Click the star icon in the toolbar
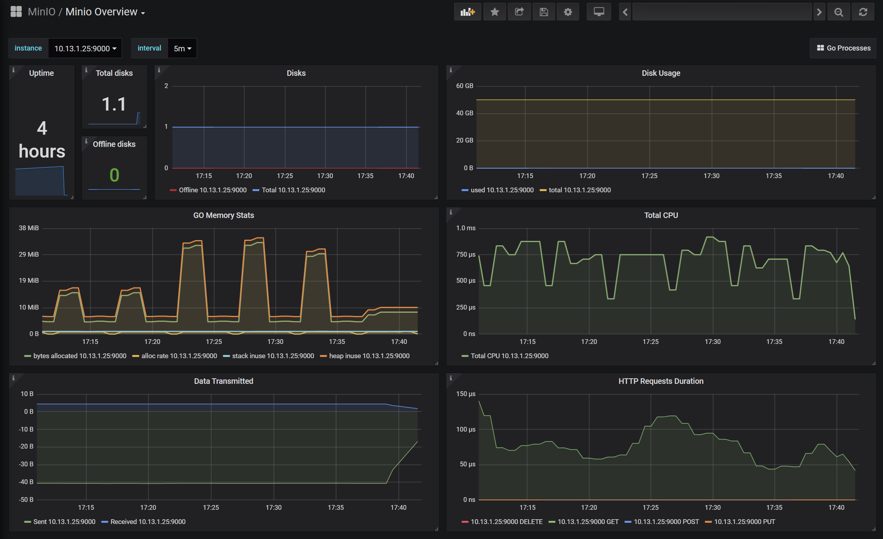pos(495,12)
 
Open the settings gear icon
pos(568,12)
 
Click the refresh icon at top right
pos(863,12)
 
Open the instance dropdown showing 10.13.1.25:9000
pos(85,48)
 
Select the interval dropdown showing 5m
pos(182,48)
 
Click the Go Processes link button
pos(844,48)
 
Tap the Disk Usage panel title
pos(661,73)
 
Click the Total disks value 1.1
pos(114,104)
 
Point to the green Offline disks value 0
pos(114,175)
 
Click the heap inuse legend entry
pos(365,356)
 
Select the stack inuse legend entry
pos(269,356)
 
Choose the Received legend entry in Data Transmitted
pos(144,522)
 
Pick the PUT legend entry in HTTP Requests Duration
pos(740,522)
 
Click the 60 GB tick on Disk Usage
pos(464,86)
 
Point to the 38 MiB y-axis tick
pos(29,228)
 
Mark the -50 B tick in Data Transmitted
pos(27,500)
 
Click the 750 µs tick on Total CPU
pos(466,255)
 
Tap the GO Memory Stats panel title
pos(224,215)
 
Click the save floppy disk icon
pos(544,12)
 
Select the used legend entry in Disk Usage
pos(498,190)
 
